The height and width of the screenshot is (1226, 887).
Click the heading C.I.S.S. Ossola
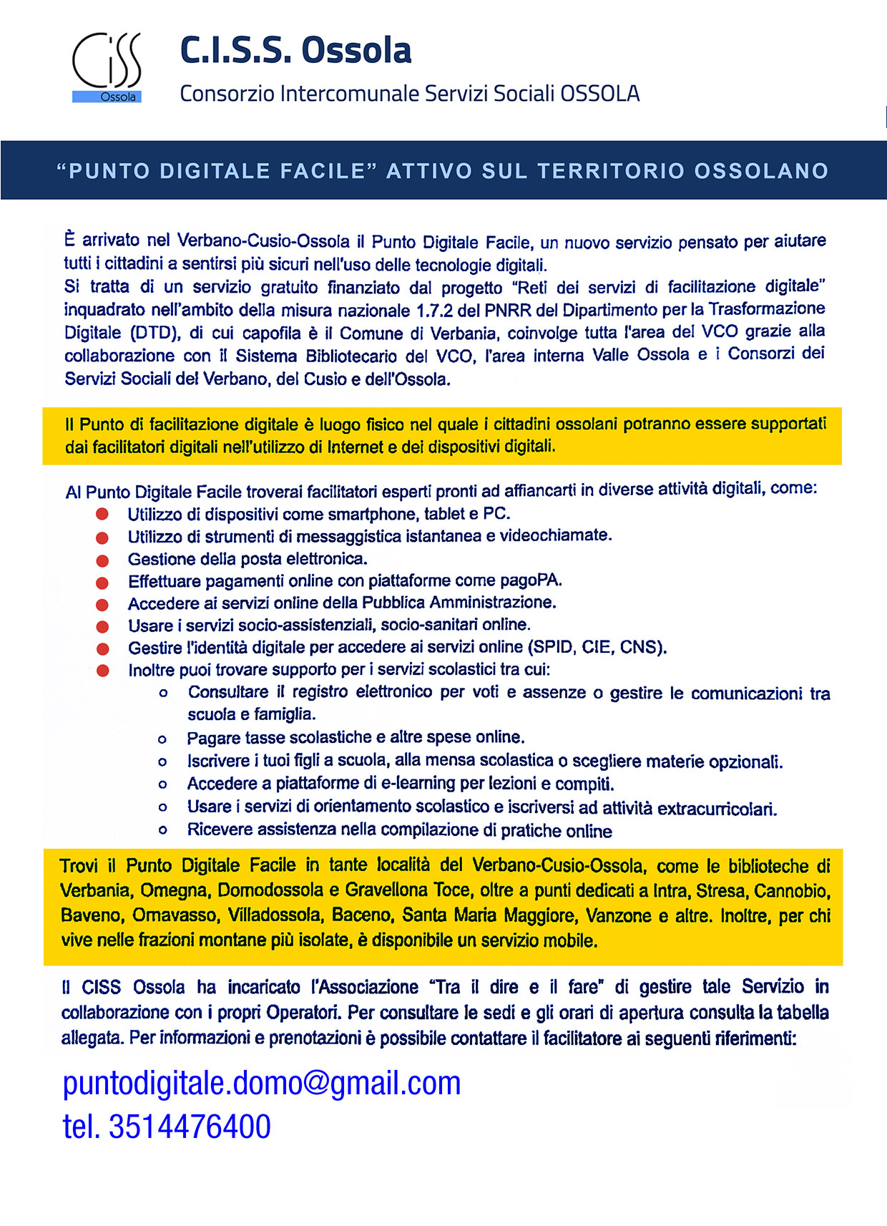295,50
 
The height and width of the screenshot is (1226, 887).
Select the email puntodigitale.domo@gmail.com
262,1083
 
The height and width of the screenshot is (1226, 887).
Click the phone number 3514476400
190,1127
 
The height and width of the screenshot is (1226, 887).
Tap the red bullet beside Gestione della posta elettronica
102,560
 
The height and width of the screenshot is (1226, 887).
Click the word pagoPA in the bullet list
530,580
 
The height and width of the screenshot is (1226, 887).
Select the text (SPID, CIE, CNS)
597,648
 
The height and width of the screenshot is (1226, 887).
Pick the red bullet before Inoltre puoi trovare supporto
102,671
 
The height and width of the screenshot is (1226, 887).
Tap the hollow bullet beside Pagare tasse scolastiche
163,739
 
